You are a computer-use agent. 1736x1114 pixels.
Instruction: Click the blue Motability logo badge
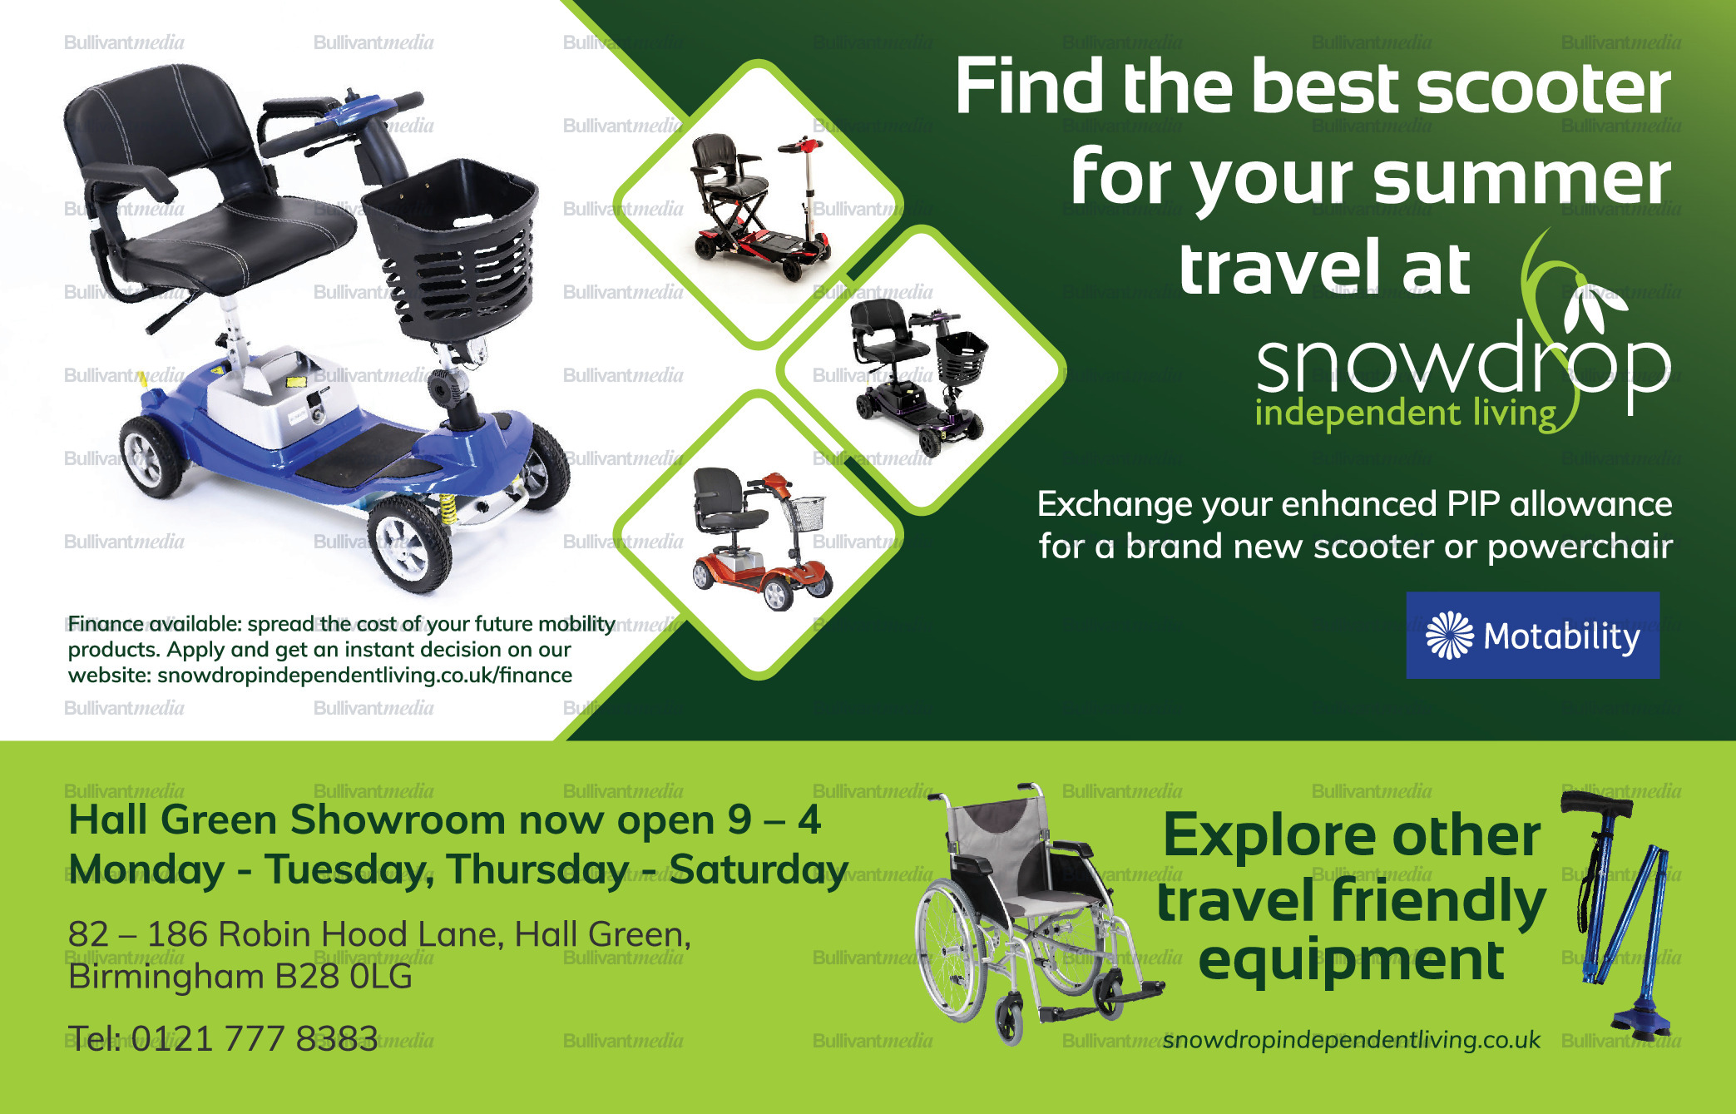[x=1532, y=636]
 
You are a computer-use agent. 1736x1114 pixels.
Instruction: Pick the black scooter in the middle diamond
[x=919, y=374]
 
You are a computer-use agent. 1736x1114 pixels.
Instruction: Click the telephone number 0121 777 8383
[x=255, y=1038]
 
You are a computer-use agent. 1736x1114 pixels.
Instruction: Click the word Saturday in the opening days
[x=759, y=869]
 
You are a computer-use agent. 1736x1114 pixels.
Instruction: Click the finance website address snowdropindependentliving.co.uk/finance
[x=364, y=675]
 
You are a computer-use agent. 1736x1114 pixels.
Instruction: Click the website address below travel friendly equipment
[x=1352, y=1040]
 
